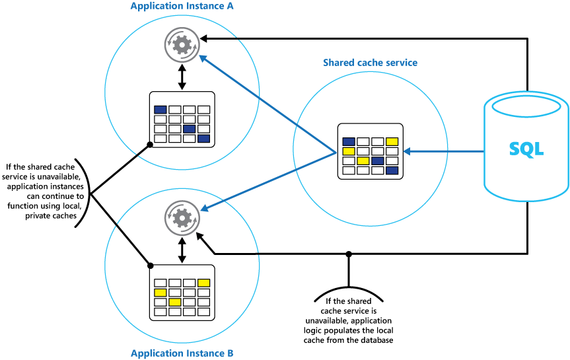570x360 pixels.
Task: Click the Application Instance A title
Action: [x=182, y=7]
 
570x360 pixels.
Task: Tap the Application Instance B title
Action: [x=182, y=353]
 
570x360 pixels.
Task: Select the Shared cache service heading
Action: [x=370, y=63]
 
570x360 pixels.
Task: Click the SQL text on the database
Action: [x=527, y=149]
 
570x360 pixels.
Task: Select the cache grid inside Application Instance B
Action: [x=182, y=292]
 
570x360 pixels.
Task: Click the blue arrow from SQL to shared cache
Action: [x=443, y=152]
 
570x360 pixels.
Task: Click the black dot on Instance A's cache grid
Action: [x=150, y=143]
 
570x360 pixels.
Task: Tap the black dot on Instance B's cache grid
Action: [x=151, y=266]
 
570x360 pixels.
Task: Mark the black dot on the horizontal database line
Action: [x=348, y=253]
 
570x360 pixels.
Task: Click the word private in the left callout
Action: [x=30, y=215]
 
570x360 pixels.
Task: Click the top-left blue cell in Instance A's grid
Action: [x=160, y=110]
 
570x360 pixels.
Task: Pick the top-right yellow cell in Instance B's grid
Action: [x=203, y=283]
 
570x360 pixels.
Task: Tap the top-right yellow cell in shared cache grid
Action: [x=392, y=141]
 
